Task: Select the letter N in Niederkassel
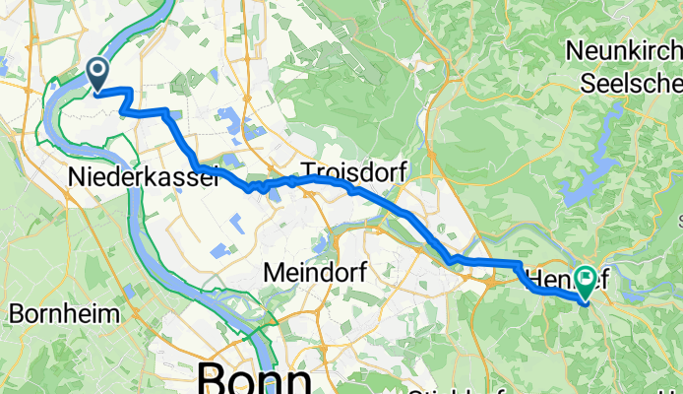[x=78, y=176]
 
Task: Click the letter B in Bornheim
[x=16, y=315]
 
